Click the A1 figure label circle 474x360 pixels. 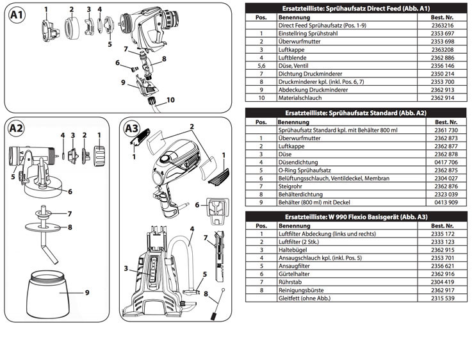(x=17, y=15)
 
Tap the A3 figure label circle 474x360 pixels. (x=132, y=129)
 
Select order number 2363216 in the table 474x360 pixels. (x=442, y=26)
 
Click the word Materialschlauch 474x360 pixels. (x=300, y=97)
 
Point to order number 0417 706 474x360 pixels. (x=446, y=162)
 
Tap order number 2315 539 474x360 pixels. (x=443, y=298)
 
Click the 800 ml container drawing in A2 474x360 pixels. (x=48, y=294)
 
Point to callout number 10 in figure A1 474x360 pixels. (x=170, y=100)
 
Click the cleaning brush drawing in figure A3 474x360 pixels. (x=217, y=304)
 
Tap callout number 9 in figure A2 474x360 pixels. (x=87, y=292)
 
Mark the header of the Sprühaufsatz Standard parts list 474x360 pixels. (x=355, y=113)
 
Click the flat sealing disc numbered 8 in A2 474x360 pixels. (x=43, y=227)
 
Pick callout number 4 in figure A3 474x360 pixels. (x=192, y=229)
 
